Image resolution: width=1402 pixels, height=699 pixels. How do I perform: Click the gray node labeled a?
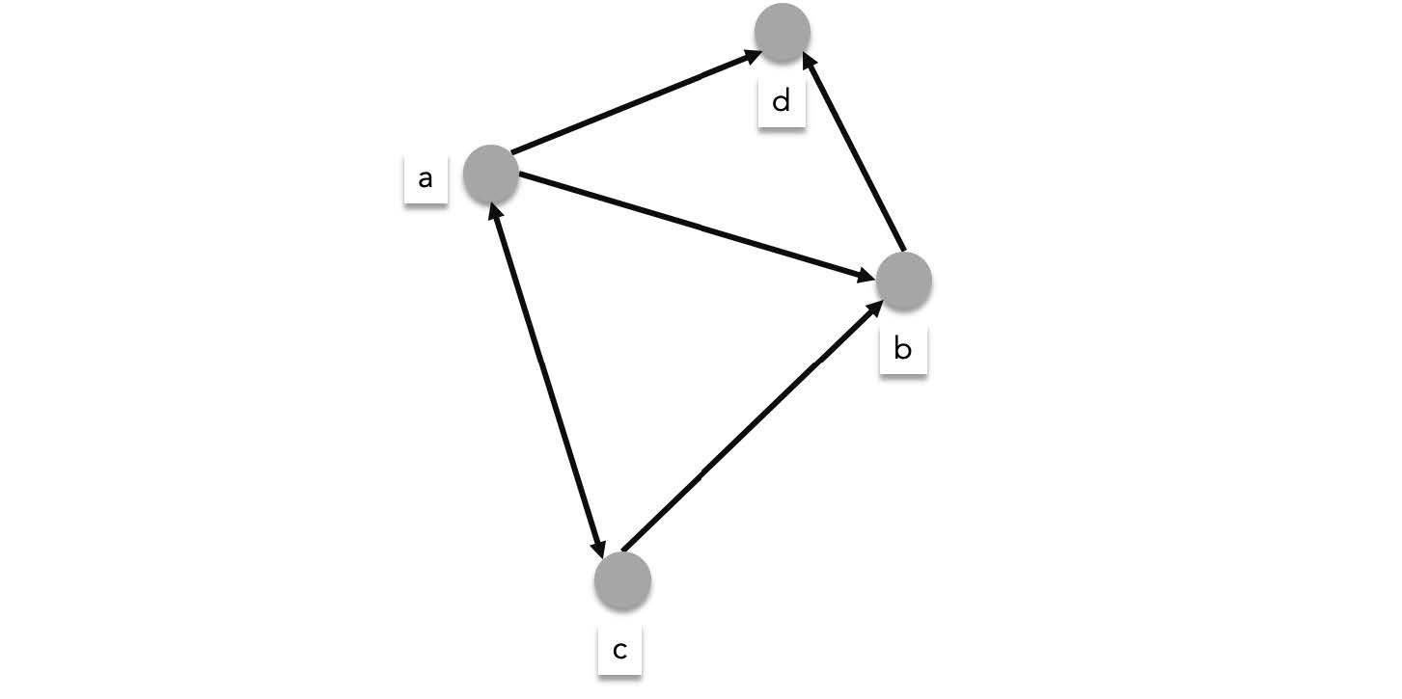pos(491,174)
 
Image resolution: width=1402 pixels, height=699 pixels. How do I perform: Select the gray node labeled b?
pos(903,281)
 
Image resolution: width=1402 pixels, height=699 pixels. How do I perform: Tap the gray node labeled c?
pos(622,581)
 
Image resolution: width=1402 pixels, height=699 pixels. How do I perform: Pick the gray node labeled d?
pos(782,32)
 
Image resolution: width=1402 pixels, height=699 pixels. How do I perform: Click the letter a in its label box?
pos(425,178)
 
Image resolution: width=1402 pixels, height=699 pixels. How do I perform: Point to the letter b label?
pos(902,348)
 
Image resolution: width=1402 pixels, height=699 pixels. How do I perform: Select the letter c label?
pos(619,650)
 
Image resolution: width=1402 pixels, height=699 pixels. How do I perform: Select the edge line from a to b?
pos(695,227)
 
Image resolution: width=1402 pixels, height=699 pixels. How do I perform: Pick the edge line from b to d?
pos(856,154)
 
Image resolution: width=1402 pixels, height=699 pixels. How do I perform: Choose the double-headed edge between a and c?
pos(548,381)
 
